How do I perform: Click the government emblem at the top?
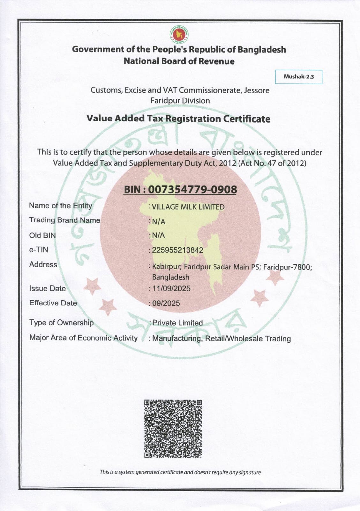tap(179, 35)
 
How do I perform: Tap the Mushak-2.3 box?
tap(299, 77)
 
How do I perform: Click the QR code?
tap(173, 428)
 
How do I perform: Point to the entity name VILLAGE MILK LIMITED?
tap(188, 207)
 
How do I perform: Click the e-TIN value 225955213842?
tap(177, 250)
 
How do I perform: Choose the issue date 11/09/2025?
tap(171, 289)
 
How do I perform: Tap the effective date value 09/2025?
tap(166, 303)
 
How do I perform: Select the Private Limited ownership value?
tap(177, 323)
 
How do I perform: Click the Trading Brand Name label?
tap(64, 220)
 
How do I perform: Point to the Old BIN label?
tap(42, 235)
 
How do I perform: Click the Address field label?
tap(43, 264)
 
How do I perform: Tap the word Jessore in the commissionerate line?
tap(257, 90)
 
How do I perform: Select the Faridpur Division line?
tap(180, 101)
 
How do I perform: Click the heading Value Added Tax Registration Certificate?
tap(178, 119)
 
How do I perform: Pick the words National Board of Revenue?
tap(179, 61)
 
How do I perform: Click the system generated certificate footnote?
tap(180, 472)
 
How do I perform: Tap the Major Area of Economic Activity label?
tap(83, 338)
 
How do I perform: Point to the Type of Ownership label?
tap(61, 323)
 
